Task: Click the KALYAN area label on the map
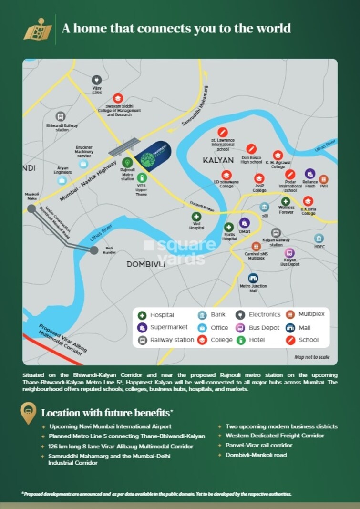(218, 160)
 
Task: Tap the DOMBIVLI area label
(145, 264)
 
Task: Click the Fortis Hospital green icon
(229, 227)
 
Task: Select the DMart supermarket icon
(245, 222)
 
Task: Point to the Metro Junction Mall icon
(253, 278)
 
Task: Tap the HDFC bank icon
(319, 238)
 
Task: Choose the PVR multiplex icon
(324, 179)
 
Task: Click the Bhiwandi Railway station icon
(61, 116)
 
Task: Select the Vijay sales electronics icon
(97, 80)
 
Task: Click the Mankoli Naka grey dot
(31, 208)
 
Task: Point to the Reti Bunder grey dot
(94, 249)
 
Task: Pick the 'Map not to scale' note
(312, 357)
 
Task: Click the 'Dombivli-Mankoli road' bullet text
(256, 455)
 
